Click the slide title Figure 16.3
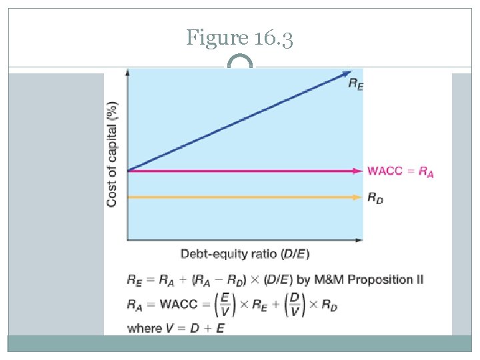(x=239, y=38)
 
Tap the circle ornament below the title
(x=240, y=65)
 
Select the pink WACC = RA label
(x=400, y=171)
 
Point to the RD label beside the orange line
(x=375, y=197)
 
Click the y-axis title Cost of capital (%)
(x=113, y=153)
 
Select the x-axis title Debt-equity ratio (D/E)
(x=245, y=254)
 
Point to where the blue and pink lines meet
(x=127, y=171)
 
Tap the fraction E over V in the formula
(x=227, y=305)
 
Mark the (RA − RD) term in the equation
(x=222, y=279)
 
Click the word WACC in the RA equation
(x=179, y=305)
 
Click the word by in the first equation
(x=314, y=279)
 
